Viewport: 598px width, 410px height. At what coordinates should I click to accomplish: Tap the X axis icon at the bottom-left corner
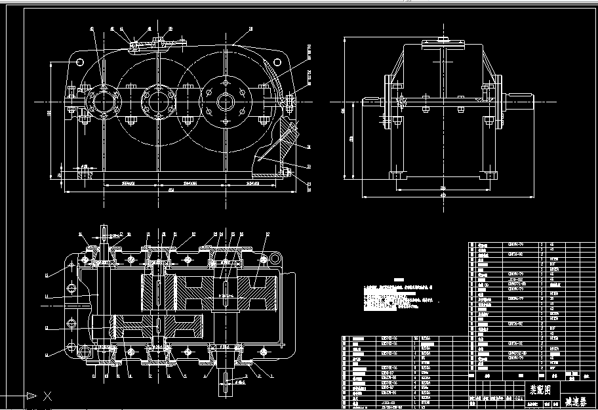coord(47,396)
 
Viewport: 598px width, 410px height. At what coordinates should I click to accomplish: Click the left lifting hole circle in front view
coord(80,62)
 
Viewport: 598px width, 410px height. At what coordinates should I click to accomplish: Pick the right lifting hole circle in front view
coord(275,64)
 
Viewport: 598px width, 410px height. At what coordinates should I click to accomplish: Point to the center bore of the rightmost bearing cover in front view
coord(226,102)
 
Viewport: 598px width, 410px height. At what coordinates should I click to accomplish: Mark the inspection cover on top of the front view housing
coord(157,44)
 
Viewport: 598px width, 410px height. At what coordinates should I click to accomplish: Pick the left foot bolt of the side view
coord(396,175)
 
